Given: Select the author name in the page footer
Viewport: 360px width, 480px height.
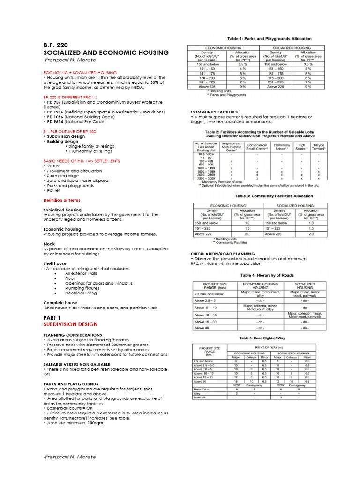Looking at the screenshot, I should pyautogui.click(x=69, y=457).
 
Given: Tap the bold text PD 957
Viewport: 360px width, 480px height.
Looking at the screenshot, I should pyautogui.click(x=53, y=102).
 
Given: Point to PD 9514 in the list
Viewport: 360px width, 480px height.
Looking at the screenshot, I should pyautogui.click(x=54, y=122).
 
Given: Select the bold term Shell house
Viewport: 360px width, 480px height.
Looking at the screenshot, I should pyautogui.click(x=55, y=263).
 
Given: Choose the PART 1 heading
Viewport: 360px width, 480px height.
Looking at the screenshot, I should pyautogui.click(x=52, y=317).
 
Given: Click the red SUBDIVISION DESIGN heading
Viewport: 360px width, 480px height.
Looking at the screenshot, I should pyautogui.click(x=70, y=324).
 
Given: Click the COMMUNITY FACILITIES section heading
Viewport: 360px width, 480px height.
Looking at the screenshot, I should pyautogui.click(x=214, y=112).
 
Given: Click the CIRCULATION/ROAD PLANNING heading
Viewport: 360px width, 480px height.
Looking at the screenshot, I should pyautogui.click(x=222, y=253).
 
